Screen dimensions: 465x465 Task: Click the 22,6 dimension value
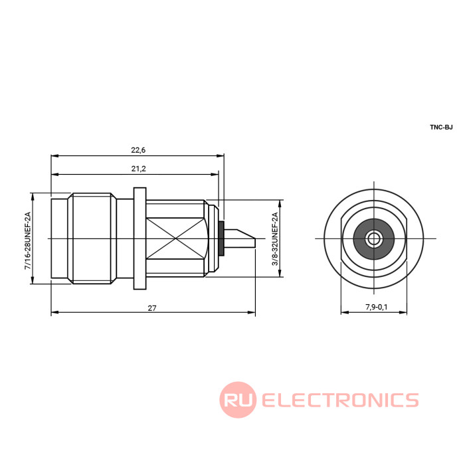click(x=138, y=150)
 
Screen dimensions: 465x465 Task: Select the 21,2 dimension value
click(x=138, y=169)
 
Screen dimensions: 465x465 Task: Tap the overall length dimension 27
click(x=152, y=308)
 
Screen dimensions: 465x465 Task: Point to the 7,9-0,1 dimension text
click(x=377, y=307)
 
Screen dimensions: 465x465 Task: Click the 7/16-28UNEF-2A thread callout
click(x=28, y=240)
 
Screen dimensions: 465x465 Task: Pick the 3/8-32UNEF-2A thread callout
click(x=275, y=238)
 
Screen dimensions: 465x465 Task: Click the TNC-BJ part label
click(x=441, y=128)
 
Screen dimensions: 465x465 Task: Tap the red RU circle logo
click(x=238, y=400)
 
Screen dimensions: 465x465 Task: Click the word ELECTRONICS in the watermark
click(x=340, y=400)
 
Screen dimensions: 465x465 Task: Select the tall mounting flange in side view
click(x=140, y=238)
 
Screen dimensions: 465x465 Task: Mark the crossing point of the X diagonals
click(x=175, y=238)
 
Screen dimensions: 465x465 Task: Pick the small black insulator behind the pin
click(x=221, y=238)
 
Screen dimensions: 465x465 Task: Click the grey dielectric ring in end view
click(x=373, y=238)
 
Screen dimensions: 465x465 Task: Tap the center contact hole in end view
click(x=373, y=238)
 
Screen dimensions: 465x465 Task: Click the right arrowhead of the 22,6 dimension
click(x=221, y=155)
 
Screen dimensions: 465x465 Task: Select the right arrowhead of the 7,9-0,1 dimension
click(x=403, y=312)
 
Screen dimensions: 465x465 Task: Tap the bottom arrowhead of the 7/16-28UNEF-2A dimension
click(x=33, y=280)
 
